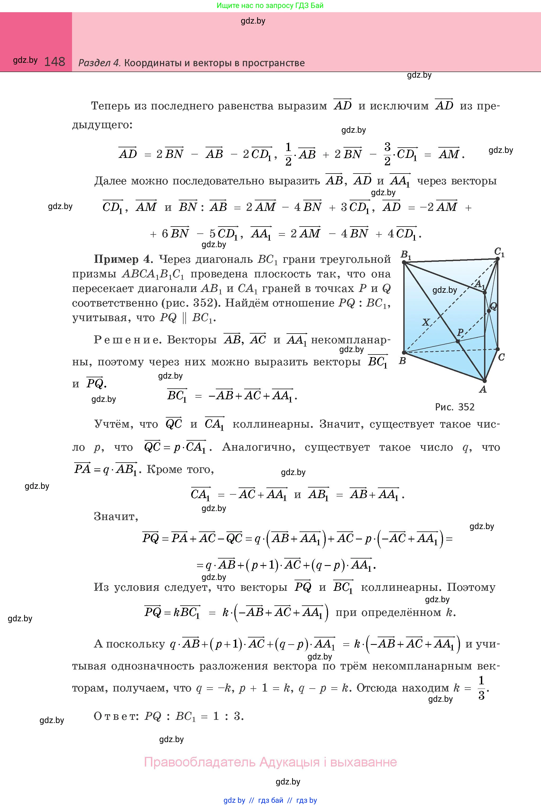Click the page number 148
(x=55, y=62)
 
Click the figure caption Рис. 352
(x=454, y=407)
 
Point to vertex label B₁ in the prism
(x=406, y=255)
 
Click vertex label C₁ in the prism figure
(x=499, y=252)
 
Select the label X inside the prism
(x=426, y=322)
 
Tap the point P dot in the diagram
(x=458, y=341)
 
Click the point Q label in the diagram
(x=493, y=306)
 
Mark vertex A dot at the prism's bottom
(x=484, y=381)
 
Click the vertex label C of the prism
(x=501, y=357)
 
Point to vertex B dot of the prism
(x=404, y=352)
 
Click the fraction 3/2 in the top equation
(x=387, y=154)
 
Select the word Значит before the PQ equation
(x=115, y=517)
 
